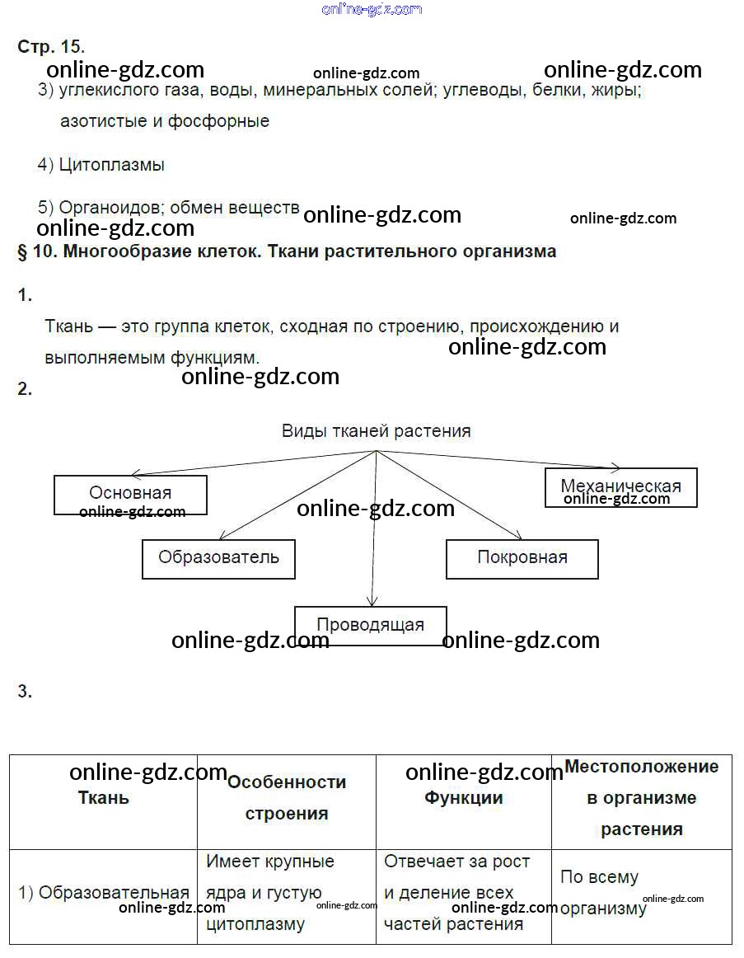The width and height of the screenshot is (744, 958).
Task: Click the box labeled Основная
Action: click(x=130, y=495)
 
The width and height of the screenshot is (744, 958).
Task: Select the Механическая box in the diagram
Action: click(x=620, y=486)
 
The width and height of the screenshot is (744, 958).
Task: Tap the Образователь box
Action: click(x=218, y=558)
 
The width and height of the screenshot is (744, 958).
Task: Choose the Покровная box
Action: click(x=522, y=558)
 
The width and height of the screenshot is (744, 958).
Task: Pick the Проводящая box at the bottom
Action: click(x=370, y=625)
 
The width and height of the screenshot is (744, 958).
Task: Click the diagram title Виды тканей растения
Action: click(x=377, y=431)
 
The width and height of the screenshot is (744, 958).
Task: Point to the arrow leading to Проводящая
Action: click(x=374, y=536)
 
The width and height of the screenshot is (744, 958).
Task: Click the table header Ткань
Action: click(x=103, y=798)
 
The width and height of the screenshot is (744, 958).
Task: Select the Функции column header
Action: click(x=464, y=798)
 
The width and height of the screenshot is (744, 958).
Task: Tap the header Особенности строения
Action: click(x=287, y=798)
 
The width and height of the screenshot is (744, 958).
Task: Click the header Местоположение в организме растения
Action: click(x=641, y=798)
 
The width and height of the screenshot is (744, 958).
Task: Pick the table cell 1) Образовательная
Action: click(x=104, y=893)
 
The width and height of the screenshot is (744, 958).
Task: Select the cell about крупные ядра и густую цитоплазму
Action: click(x=270, y=893)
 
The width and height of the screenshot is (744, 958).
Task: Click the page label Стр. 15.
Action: click(x=51, y=47)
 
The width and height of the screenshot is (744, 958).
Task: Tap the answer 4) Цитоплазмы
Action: click(x=101, y=165)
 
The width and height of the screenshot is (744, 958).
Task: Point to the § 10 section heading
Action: click(x=287, y=251)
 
